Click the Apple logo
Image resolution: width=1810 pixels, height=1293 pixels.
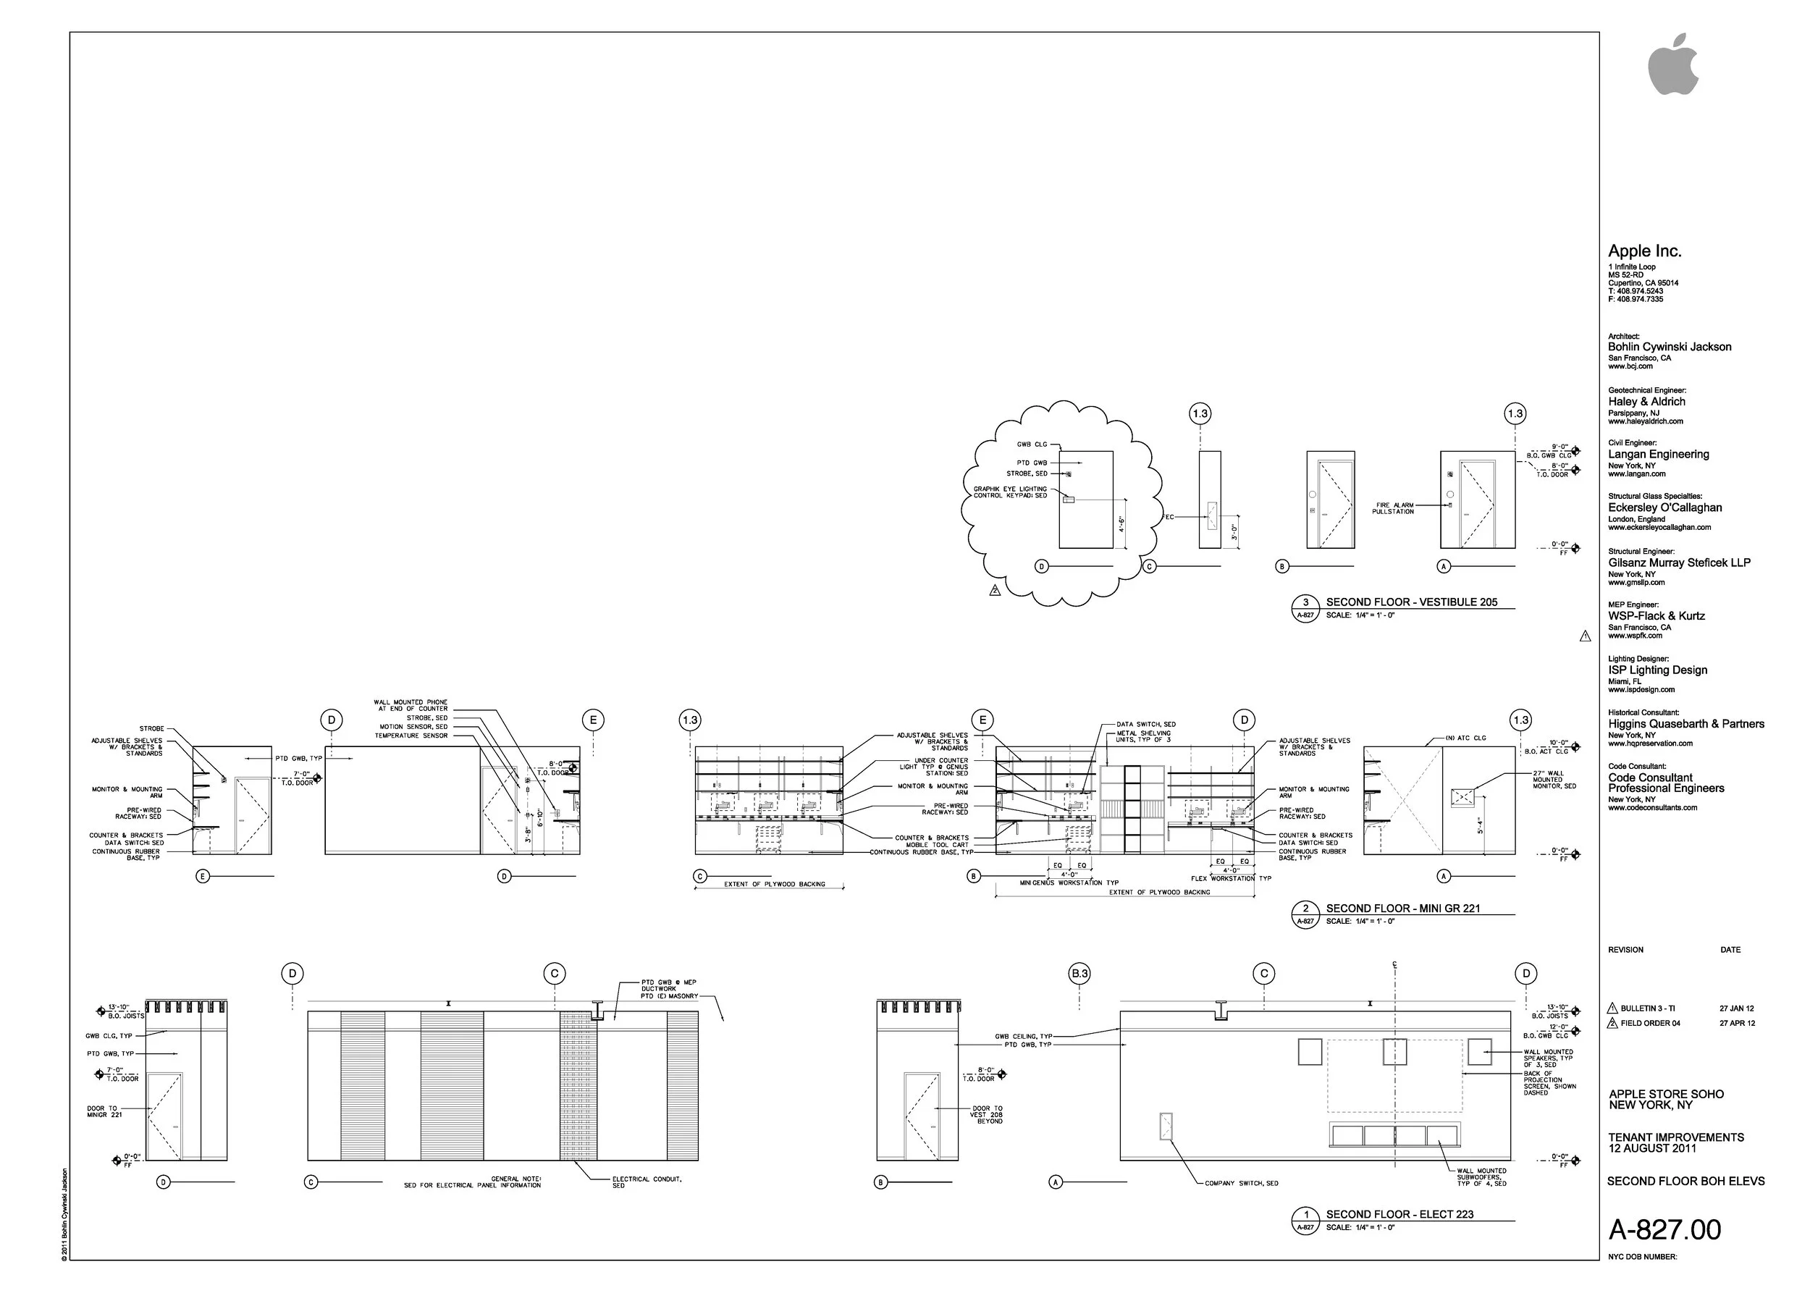[1672, 65]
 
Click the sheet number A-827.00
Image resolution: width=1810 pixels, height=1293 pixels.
[1664, 1230]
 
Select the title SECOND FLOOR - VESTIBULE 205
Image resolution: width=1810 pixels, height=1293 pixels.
[1411, 602]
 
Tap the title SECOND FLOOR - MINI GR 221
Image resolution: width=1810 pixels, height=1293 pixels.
[1402, 909]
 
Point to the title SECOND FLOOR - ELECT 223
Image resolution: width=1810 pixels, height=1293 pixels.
[1399, 1214]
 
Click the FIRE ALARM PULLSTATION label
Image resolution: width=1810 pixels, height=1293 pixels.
[1393, 508]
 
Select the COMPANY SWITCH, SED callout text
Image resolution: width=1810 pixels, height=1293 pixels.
[1242, 1183]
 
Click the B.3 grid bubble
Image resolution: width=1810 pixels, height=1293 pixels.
[1079, 973]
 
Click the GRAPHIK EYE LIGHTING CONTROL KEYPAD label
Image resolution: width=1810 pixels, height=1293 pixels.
[1010, 492]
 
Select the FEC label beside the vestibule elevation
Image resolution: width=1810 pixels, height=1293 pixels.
[1169, 517]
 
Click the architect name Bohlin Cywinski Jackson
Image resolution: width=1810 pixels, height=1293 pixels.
[1669, 346]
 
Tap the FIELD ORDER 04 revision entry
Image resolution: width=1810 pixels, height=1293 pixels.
[1650, 1023]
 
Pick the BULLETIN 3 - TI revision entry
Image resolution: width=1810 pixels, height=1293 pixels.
[1647, 1008]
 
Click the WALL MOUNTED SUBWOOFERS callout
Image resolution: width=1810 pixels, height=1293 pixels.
[1481, 1176]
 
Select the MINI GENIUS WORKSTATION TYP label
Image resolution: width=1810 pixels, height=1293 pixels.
[1069, 883]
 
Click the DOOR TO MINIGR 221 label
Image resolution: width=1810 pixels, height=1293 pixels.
[104, 1111]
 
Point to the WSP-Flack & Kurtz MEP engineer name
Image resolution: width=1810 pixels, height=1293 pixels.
[1657, 615]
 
